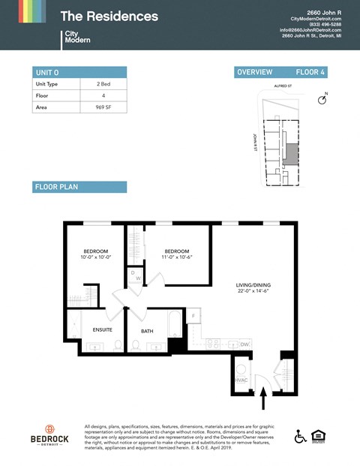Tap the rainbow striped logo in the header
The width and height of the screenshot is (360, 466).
click(23, 11)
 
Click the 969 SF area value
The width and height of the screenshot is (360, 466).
click(103, 107)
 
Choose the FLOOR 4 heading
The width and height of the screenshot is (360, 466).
click(311, 72)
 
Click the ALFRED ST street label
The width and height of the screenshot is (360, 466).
click(282, 86)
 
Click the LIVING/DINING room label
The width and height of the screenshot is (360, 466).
click(253, 284)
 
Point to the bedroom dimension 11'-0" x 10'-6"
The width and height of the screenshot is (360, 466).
click(177, 258)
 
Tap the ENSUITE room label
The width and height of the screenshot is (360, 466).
click(102, 329)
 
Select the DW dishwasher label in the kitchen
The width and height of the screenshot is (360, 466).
click(244, 344)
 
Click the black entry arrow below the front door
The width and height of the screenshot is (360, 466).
click(262, 401)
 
